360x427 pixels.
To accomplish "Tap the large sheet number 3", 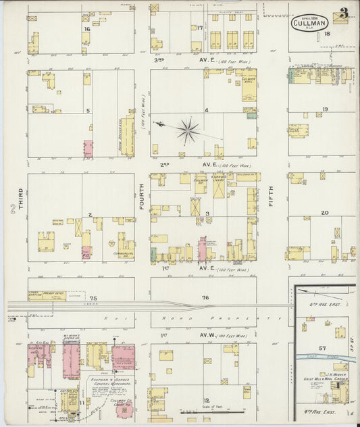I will (344, 13).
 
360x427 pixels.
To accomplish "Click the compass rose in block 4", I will (188, 130).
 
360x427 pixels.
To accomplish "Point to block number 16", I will (86, 29).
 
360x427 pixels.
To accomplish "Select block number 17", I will (200, 27).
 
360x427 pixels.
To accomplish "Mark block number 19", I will (325, 109).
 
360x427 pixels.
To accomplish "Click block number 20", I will (325, 212).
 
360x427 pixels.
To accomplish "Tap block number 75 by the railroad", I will (93, 298).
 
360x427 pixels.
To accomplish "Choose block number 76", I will (205, 298).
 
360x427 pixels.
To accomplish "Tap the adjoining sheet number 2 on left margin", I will (12, 212).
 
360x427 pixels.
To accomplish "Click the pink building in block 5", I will (88, 149).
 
